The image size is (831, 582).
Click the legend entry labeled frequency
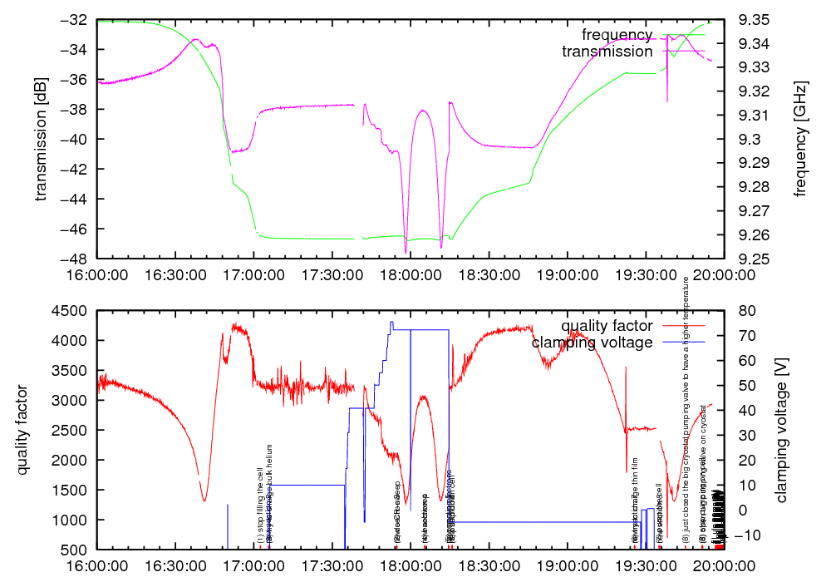pos(617,35)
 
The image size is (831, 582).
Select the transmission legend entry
pos(607,52)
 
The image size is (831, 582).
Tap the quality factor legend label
pos(607,326)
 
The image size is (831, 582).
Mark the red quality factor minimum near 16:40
pos(204,500)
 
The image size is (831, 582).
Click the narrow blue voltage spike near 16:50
pos(228,524)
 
